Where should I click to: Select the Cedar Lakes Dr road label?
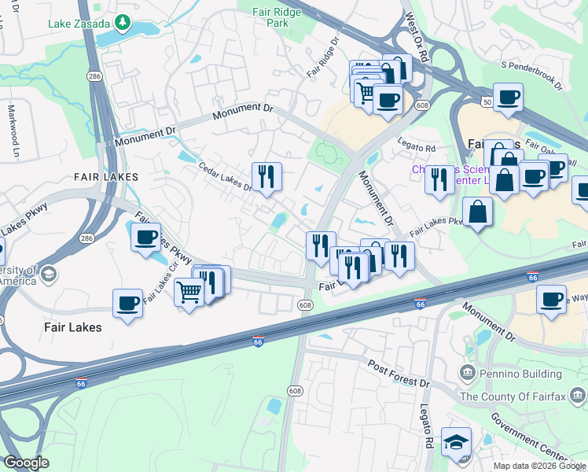point(224,178)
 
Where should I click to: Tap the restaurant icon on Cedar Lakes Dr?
point(266,177)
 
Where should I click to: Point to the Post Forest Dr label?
point(400,373)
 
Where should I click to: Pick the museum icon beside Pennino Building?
point(467,371)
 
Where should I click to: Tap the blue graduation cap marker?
point(456,444)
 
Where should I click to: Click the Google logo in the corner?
point(26,463)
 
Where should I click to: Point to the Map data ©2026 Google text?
point(539,466)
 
